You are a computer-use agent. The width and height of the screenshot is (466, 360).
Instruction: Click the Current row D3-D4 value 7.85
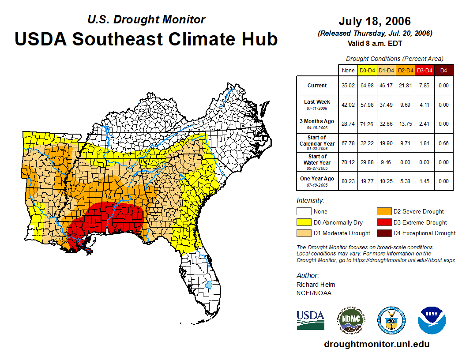(x=425, y=86)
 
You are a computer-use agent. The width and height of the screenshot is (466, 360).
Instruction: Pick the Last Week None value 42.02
(x=348, y=105)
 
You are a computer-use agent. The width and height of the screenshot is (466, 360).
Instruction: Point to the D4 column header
(x=443, y=70)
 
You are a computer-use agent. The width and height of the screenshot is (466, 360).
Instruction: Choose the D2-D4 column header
(x=406, y=70)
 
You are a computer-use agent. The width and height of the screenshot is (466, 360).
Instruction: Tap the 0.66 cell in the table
(x=443, y=143)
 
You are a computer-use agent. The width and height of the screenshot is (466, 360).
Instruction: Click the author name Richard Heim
(x=316, y=285)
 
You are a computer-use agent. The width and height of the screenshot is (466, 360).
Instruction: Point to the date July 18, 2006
(x=375, y=21)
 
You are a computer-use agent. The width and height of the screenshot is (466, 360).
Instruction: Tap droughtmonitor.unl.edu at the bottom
(x=376, y=344)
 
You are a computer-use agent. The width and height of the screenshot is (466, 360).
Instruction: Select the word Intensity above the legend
(x=310, y=201)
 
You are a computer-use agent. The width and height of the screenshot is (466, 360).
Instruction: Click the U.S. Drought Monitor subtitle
(x=146, y=20)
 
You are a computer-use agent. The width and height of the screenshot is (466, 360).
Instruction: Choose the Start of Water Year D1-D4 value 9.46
(x=387, y=162)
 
